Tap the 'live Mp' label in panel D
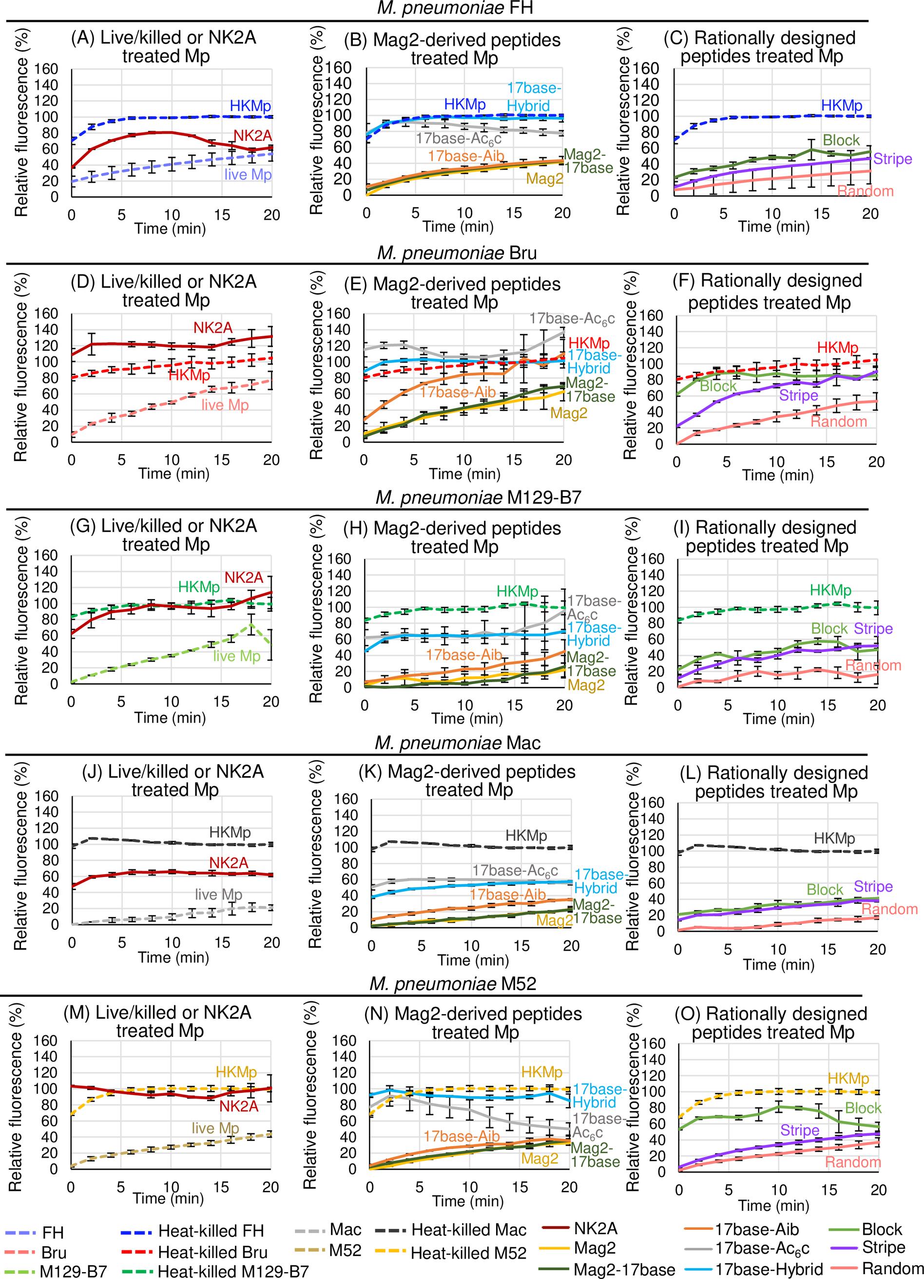tap(225, 405)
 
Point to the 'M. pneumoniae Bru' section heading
tap(457, 253)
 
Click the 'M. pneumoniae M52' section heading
tap(453, 984)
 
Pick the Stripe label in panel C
tap(892, 159)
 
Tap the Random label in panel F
tap(838, 421)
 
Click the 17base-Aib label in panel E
tap(458, 392)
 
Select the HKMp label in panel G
tap(198, 587)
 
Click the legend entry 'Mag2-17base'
tap(624, 1269)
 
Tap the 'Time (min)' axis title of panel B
tap(458, 227)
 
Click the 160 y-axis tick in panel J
tap(46, 796)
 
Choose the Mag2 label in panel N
tap(539, 1158)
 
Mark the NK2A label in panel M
tap(239, 1106)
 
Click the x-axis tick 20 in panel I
tap(877, 705)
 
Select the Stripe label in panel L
tap(873, 886)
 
